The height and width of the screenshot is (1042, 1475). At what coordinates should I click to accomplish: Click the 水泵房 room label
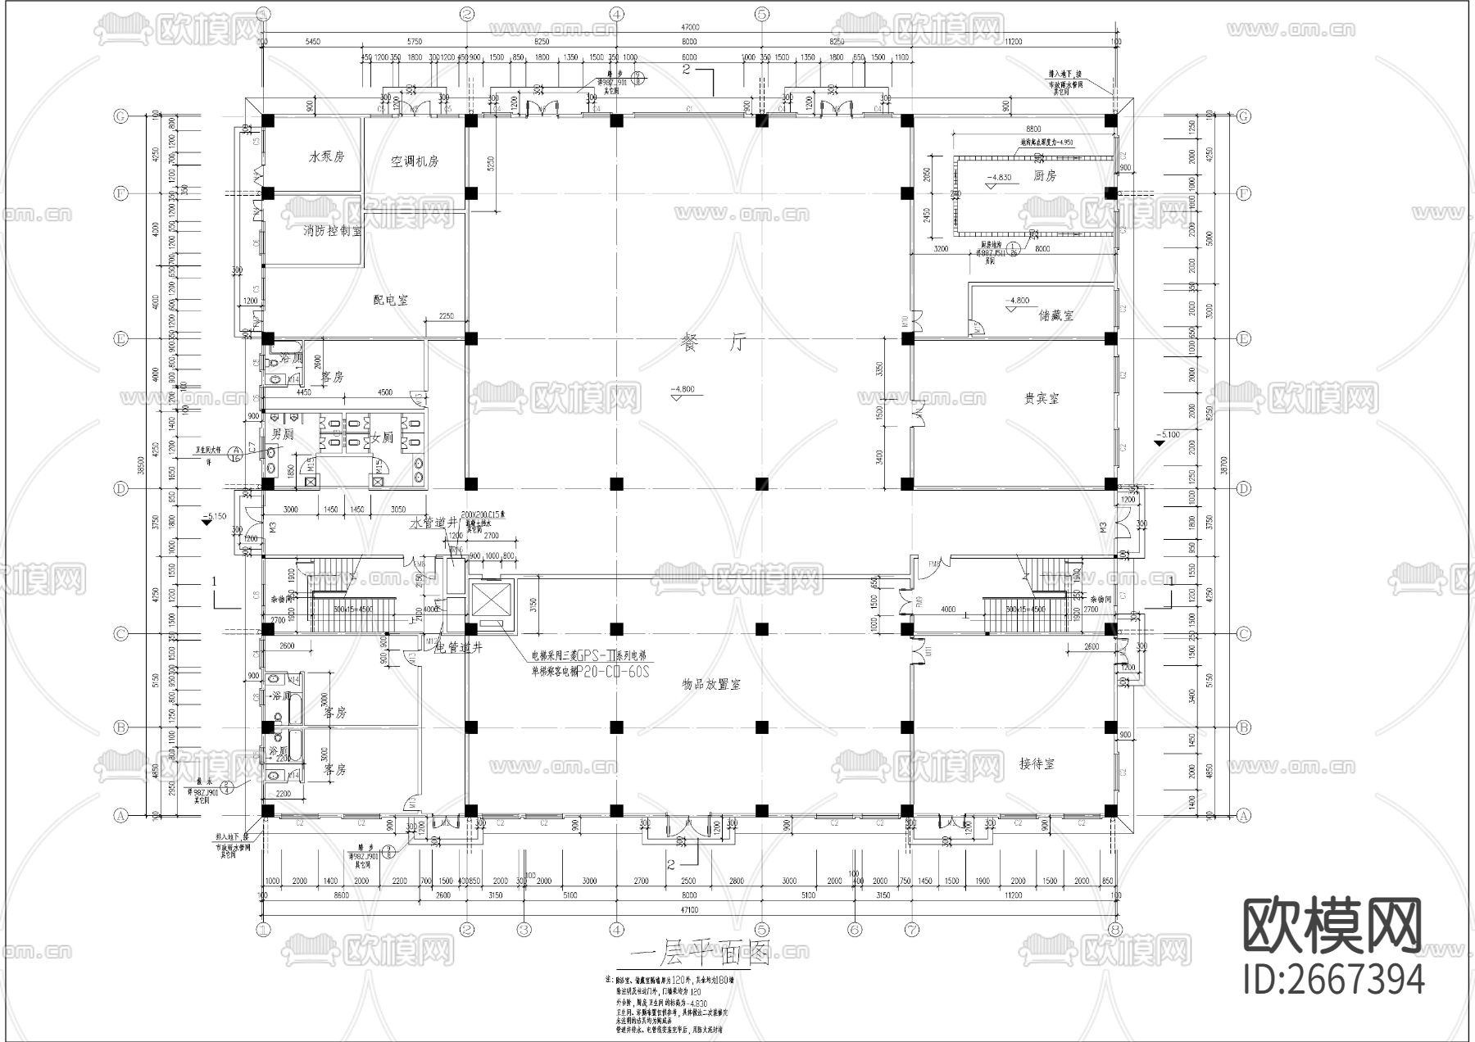pos(326,157)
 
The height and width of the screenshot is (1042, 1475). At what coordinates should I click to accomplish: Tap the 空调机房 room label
pos(414,161)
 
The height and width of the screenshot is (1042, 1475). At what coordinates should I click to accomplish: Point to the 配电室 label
pos(391,300)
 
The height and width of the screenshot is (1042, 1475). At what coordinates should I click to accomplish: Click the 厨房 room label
pos(1045,176)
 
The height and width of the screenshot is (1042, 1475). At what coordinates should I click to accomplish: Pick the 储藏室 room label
pos(1056,315)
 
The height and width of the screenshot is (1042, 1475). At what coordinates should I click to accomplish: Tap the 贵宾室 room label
pos(1042,398)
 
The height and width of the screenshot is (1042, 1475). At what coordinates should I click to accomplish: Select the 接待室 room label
pos(1037,764)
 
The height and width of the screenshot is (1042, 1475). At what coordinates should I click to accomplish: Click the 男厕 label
pos(283,434)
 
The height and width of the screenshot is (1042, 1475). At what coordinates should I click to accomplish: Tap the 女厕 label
pos(383,437)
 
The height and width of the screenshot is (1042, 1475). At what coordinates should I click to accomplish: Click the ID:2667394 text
pos(1334,980)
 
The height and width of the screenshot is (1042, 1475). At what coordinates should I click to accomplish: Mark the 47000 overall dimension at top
pos(688,27)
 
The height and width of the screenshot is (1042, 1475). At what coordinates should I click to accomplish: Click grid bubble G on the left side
pos(120,116)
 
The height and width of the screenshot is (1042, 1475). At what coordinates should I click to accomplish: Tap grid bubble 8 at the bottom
pos(1114,930)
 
